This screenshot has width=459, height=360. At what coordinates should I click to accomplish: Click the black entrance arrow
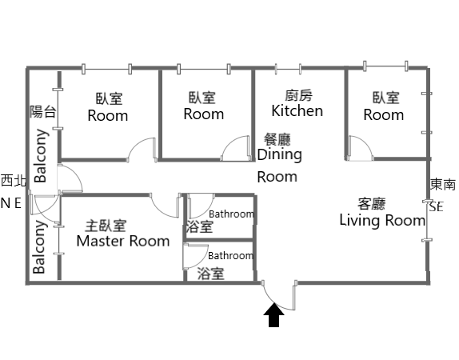273,315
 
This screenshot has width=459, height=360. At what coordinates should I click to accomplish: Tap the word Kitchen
297,110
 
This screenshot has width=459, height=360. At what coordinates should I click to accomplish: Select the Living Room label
382,220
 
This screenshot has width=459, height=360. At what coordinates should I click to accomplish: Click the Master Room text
123,241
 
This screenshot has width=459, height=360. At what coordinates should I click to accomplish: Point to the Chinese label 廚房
298,95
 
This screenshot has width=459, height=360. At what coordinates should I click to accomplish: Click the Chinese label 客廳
371,204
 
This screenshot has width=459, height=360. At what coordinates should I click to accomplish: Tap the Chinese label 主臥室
106,226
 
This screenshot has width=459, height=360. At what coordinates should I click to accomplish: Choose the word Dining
280,155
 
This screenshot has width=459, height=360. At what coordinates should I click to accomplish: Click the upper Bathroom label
232,214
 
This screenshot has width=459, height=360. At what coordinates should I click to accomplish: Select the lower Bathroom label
230,256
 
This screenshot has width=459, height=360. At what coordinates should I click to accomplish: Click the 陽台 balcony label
43,112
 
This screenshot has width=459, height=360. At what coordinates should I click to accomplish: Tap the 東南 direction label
443,185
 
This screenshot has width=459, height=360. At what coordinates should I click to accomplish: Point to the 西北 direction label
14,181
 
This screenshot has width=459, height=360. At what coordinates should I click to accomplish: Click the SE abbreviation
437,207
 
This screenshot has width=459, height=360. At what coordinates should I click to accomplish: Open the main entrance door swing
279,295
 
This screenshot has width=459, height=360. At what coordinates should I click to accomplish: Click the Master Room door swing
165,206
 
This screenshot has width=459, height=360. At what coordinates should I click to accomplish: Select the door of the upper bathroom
201,206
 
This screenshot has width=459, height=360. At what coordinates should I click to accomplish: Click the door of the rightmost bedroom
361,148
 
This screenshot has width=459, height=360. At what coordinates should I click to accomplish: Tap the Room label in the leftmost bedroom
108,116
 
